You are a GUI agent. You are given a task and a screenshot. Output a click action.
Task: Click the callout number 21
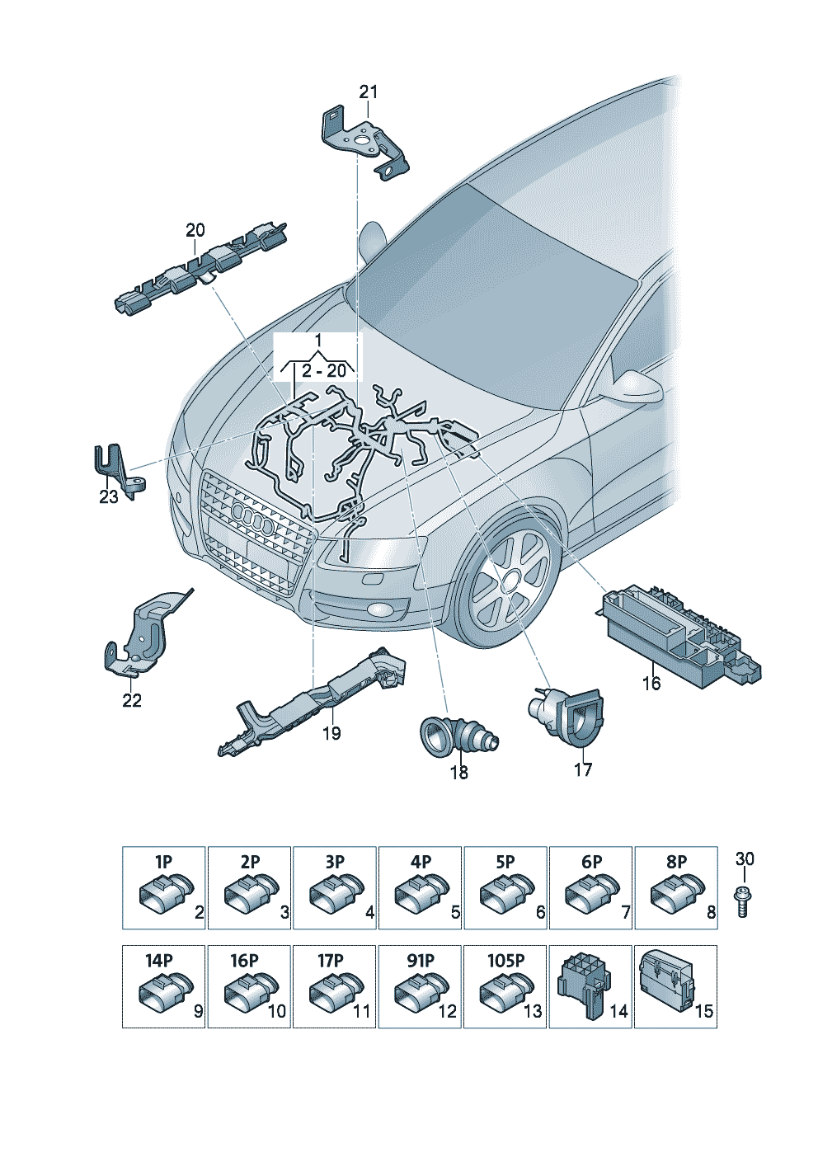[x=369, y=92]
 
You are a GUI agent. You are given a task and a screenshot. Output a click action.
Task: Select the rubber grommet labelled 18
[x=458, y=735]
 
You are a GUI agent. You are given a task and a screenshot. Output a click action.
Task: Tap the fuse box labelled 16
[x=680, y=634]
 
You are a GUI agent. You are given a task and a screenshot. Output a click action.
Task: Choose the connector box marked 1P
[x=163, y=888]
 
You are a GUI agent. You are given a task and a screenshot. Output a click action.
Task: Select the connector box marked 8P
[x=675, y=888]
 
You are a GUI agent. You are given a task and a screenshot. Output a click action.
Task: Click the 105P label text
[x=505, y=961]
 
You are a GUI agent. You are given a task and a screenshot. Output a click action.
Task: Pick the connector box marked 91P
[x=419, y=987]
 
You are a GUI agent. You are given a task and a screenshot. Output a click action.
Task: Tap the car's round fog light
[x=382, y=611]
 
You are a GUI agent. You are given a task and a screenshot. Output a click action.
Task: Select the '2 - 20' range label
[x=323, y=370]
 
